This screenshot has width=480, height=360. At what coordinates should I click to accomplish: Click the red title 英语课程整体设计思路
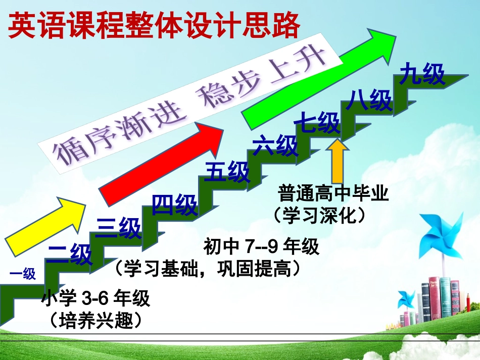pos(154,25)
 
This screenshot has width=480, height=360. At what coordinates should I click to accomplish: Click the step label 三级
pos(118,228)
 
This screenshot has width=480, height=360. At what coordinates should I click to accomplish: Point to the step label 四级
pos(175,204)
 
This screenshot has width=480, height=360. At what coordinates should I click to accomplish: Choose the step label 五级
pos(227,172)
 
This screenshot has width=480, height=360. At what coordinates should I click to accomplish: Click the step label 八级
pos(369,100)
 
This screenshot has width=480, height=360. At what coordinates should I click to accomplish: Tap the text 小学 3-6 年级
pos(96,299)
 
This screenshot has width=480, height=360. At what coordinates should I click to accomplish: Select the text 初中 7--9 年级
pos(261,247)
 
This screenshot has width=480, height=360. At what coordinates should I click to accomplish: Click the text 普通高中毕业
pos(333,194)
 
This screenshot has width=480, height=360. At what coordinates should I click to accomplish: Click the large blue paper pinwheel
pos(441,235)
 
